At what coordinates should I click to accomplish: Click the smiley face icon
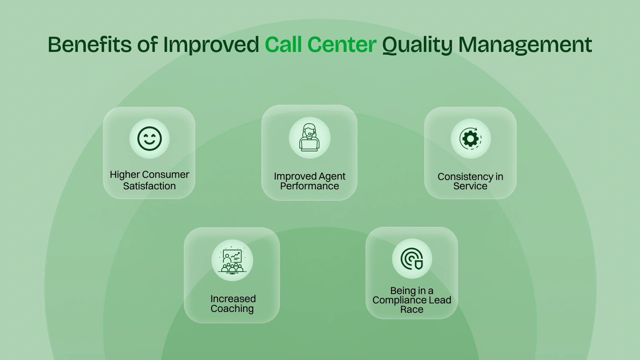click(x=149, y=139)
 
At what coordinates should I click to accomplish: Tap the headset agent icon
click(x=309, y=138)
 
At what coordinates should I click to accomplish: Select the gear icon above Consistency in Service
click(x=470, y=139)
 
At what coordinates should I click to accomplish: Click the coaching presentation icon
click(x=232, y=260)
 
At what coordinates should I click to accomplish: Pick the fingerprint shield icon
click(x=412, y=259)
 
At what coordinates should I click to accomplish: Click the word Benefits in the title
click(x=89, y=44)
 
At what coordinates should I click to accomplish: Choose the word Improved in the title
click(x=211, y=44)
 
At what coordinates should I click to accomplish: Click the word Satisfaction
click(x=149, y=186)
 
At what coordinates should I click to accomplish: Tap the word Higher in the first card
click(x=124, y=174)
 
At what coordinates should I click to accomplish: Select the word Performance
click(x=309, y=186)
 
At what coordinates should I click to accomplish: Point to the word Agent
click(x=330, y=177)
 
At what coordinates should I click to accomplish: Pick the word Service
click(x=470, y=186)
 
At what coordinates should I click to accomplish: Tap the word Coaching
click(x=232, y=309)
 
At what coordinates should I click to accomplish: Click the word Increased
click(x=233, y=299)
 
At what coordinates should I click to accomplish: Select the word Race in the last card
click(x=411, y=310)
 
